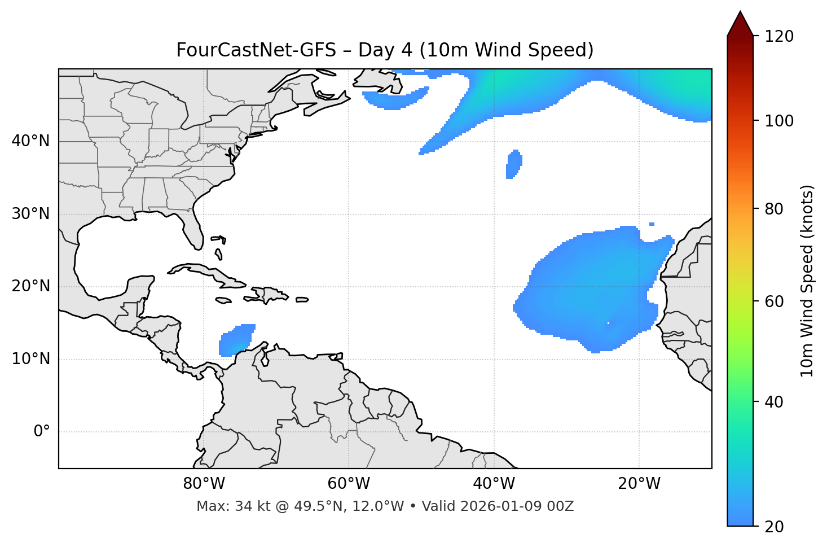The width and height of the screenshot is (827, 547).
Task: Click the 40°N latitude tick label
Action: [30, 141]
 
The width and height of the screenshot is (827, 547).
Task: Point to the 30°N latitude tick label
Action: [30, 214]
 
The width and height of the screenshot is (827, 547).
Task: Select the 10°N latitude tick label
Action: [30, 359]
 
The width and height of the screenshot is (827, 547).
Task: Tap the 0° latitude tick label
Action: [42, 432]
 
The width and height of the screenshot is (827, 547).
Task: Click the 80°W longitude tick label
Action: [204, 484]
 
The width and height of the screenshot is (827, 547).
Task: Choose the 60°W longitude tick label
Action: [349, 484]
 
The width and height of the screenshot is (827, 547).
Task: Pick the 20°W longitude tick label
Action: [639, 484]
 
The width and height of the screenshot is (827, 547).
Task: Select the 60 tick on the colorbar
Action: [775, 301]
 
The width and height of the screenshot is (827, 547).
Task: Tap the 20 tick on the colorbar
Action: [775, 527]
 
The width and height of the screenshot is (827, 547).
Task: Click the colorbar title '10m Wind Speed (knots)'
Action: [807, 281]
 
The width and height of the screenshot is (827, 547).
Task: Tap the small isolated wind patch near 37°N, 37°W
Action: [513, 164]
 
